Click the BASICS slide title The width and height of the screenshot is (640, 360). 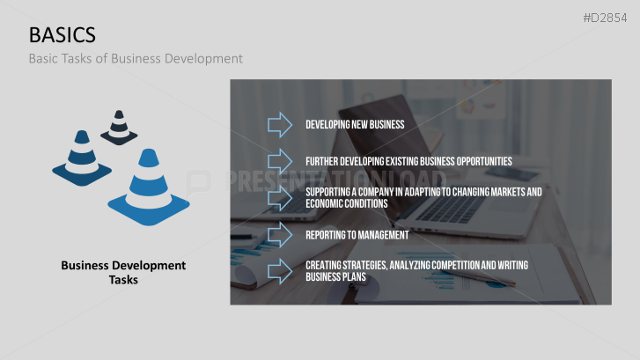[x=63, y=34]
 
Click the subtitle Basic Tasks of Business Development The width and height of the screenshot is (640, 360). [x=135, y=59]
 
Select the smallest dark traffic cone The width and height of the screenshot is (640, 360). [x=119, y=128]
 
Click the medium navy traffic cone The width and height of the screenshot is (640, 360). [x=82, y=156]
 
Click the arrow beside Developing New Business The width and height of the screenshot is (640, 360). [x=280, y=124]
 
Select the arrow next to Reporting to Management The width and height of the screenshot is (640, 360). [x=280, y=235]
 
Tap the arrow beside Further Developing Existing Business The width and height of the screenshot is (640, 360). [x=280, y=161]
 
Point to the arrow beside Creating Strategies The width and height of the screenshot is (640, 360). [x=280, y=270]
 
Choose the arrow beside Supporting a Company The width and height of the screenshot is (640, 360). [x=280, y=197]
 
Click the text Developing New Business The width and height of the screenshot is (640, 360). [x=355, y=124]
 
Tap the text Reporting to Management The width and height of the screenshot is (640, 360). [x=357, y=235]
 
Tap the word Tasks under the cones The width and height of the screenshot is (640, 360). [x=123, y=280]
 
